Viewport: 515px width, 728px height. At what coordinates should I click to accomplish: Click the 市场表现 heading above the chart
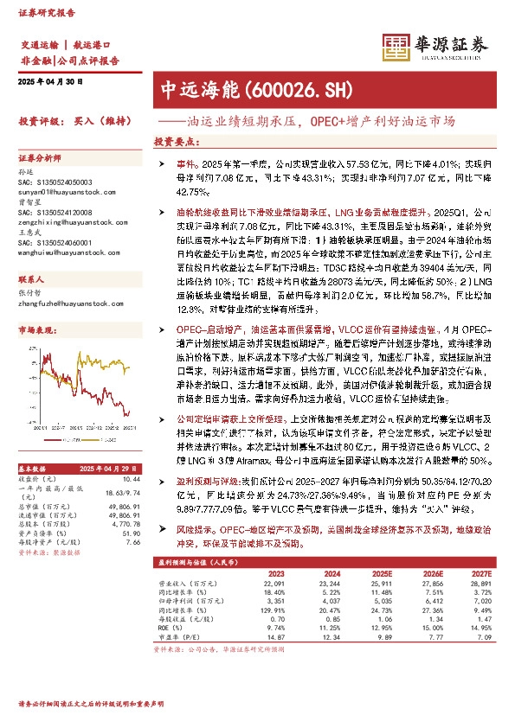[x=36, y=330]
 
